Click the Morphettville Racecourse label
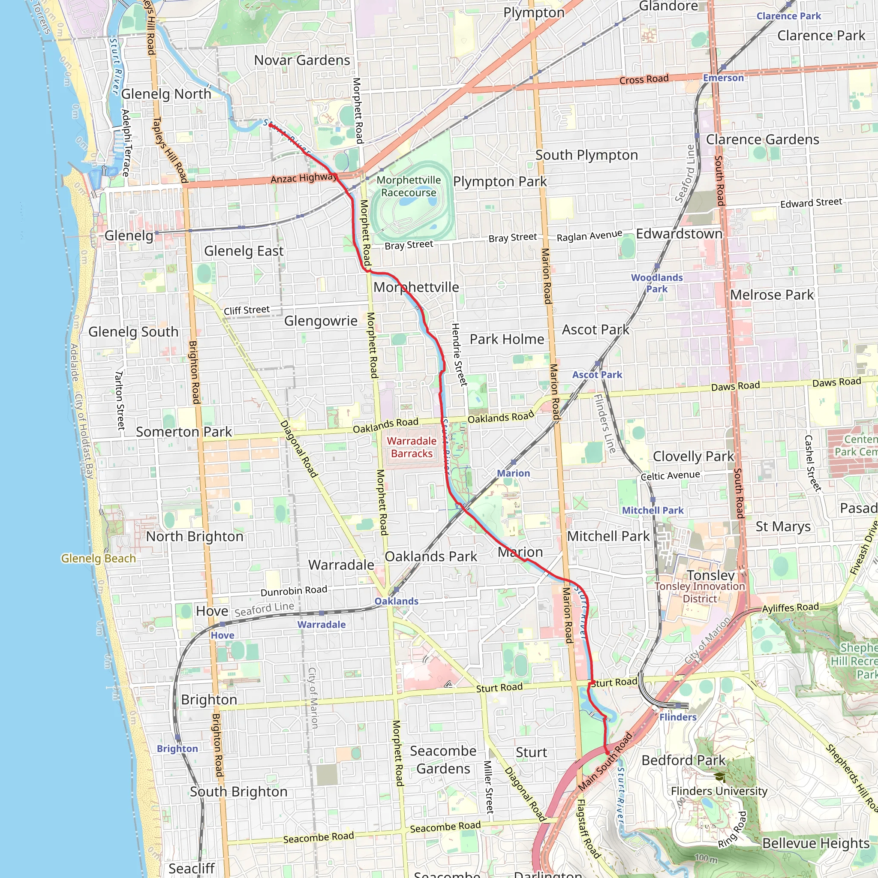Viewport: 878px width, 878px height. (408, 186)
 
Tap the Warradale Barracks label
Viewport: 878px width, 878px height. (411, 447)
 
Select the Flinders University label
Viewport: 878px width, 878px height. (719, 791)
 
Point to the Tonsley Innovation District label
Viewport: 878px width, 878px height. (699, 592)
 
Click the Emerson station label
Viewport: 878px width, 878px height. (723, 78)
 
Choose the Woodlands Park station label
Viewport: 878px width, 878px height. (657, 283)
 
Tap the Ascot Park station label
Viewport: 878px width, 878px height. (597, 375)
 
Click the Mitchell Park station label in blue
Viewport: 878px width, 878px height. (652, 510)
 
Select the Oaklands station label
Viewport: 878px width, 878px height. (396, 601)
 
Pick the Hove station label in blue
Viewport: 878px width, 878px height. (222, 635)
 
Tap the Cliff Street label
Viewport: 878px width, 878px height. (247, 310)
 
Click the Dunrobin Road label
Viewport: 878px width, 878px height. (294, 591)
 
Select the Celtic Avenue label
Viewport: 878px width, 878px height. (670, 476)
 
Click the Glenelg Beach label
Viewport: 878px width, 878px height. (98, 559)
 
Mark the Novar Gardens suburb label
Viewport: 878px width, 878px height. (302, 60)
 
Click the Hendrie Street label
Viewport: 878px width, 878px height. (459, 355)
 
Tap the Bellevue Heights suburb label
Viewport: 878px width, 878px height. (816, 843)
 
